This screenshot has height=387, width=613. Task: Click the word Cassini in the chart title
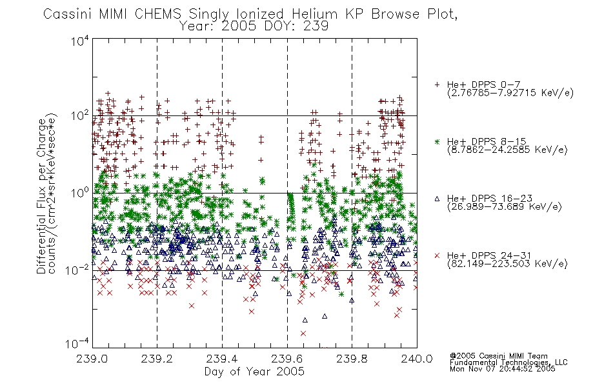[x=67, y=14]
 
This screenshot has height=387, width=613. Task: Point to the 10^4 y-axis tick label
[x=80, y=41]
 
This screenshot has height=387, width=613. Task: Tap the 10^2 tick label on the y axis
[x=80, y=115]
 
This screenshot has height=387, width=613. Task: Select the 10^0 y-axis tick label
[x=80, y=193]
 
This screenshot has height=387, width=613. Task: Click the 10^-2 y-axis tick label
[x=78, y=270]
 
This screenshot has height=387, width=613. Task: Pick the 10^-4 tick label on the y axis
[x=78, y=344]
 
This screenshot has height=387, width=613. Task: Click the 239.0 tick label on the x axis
[x=92, y=359]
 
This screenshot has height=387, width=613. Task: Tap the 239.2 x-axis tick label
[x=157, y=359]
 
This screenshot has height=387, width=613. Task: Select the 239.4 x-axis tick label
[x=222, y=359]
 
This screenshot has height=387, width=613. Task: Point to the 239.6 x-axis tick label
[x=287, y=359]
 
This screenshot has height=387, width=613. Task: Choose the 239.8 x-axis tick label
[x=352, y=359]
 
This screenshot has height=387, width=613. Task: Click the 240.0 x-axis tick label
[x=417, y=359]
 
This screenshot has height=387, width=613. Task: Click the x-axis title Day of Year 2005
[x=254, y=372]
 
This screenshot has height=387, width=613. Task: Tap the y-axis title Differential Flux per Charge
[x=42, y=196]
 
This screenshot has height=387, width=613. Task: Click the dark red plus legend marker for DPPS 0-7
[x=437, y=84]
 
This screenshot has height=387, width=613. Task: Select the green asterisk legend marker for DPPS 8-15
[x=437, y=141]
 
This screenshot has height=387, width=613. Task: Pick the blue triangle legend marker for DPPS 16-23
[x=437, y=199]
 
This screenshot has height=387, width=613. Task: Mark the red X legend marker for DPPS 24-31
[x=437, y=255]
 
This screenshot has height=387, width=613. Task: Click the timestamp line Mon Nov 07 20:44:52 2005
[x=503, y=369]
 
